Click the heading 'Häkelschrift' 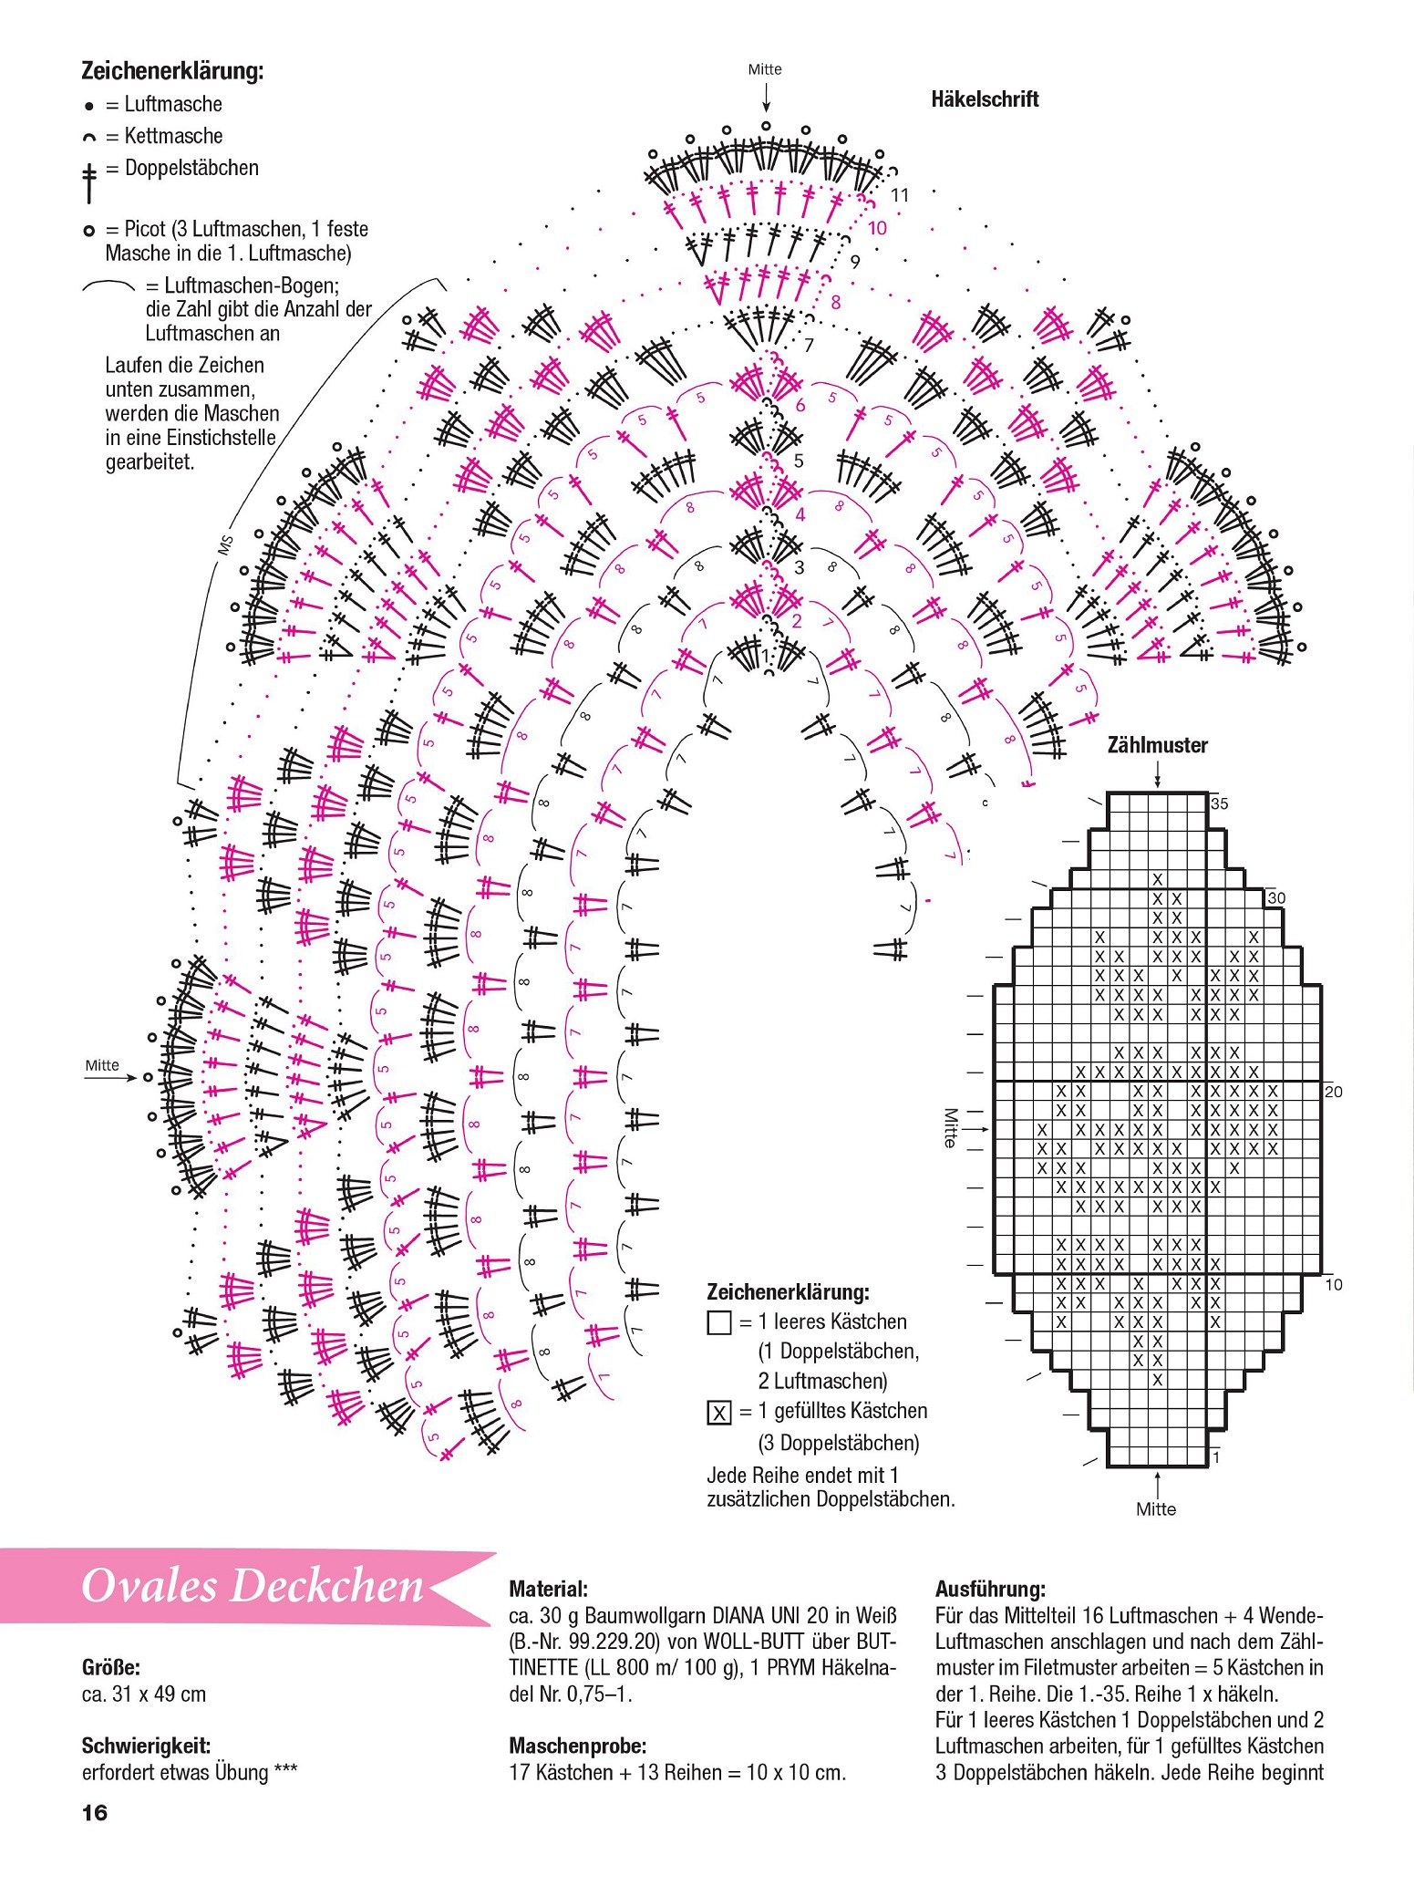pyautogui.click(x=985, y=99)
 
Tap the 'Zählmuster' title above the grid pyautogui.click(x=1157, y=745)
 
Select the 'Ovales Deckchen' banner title pyautogui.click(x=253, y=1586)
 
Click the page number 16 pyautogui.click(x=95, y=1812)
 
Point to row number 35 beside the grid pyautogui.click(x=1219, y=803)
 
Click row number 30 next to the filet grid pyautogui.click(x=1276, y=898)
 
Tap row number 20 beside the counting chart pyautogui.click(x=1334, y=1092)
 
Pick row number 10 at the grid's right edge pyautogui.click(x=1334, y=1284)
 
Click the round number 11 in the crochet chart pyautogui.click(x=900, y=195)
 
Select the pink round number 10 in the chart pyautogui.click(x=877, y=228)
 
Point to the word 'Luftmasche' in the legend pyautogui.click(x=173, y=104)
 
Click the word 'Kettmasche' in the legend pyautogui.click(x=173, y=136)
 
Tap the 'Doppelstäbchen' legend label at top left pyautogui.click(x=191, y=168)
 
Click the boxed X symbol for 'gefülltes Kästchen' pyautogui.click(x=719, y=1413)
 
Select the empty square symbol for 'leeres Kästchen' pyautogui.click(x=719, y=1322)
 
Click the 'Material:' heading pyautogui.click(x=548, y=1589)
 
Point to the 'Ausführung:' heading pyautogui.click(x=990, y=1589)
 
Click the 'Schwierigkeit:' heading pyautogui.click(x=146, y=1746)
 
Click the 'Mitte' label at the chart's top pyautogui.click(x=765, y=69)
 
